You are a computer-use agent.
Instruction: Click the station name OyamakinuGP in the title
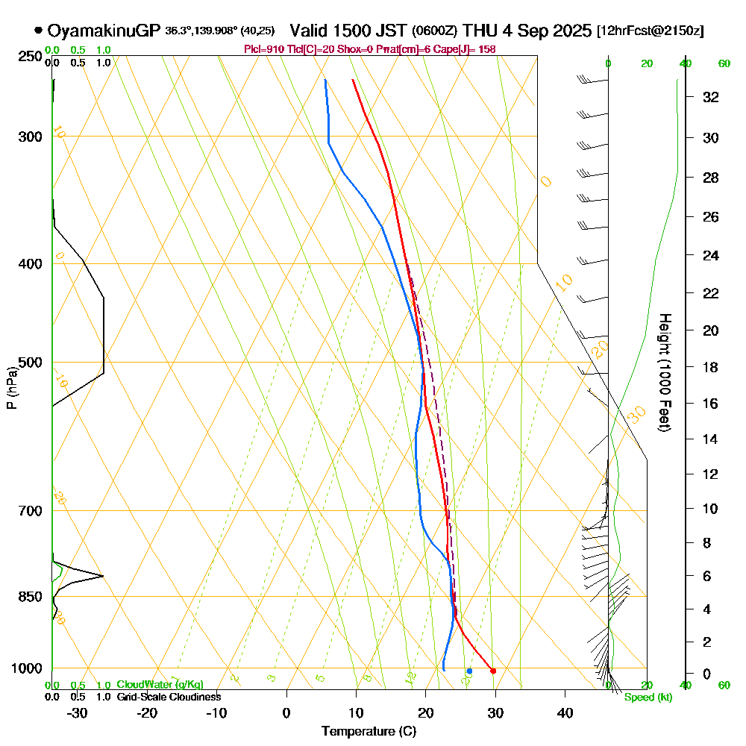tap(104, 31)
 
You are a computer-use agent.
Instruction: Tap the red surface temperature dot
tap(493, 671)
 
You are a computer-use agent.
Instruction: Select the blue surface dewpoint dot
tap(469, 671)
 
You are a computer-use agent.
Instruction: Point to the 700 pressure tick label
tap(29, 511)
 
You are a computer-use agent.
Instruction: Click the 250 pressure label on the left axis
tap(29, 57)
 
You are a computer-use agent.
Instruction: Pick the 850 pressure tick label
tap(29, 597)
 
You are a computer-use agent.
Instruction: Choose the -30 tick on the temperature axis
tap(78, 712)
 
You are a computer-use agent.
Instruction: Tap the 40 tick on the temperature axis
tap(565, 712)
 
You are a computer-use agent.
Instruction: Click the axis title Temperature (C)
tap(369, 731)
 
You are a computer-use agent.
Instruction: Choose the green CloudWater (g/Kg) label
tap(160, 685)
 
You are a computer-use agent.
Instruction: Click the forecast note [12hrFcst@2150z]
tap(650, 31)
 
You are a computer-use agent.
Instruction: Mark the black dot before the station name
tap(38, 31)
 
